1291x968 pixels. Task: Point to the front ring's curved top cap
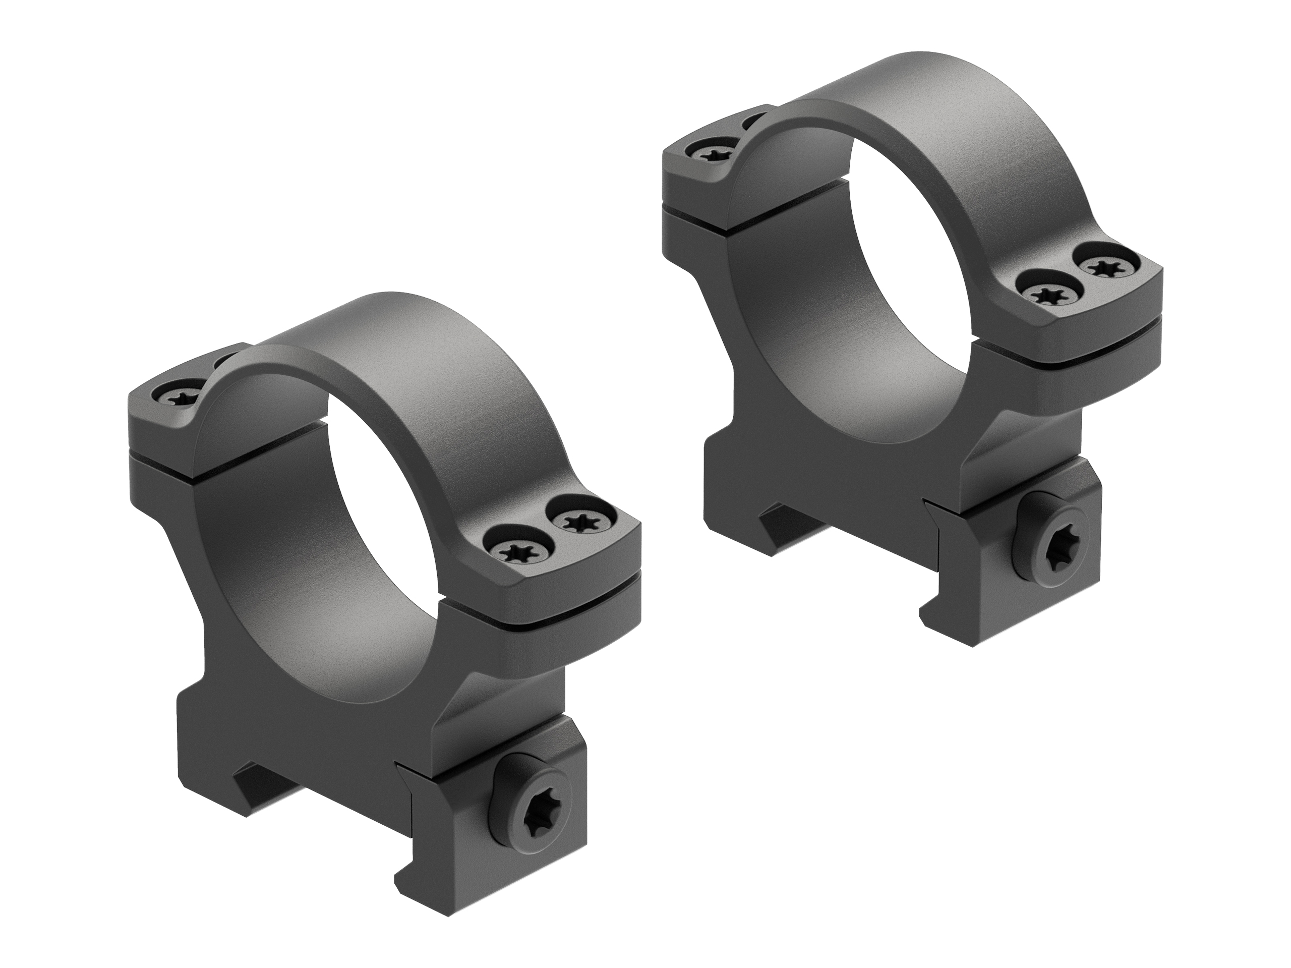(x=379, y=356)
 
